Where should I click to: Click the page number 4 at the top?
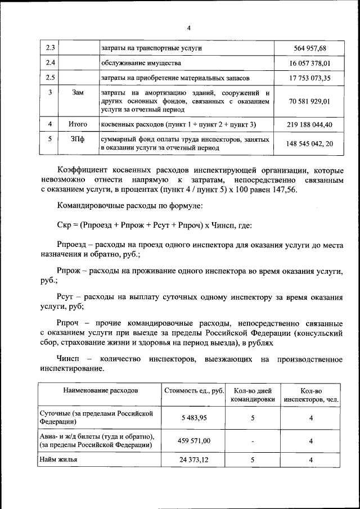click(x=189, y=29)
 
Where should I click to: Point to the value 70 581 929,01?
click(x=308, y=101)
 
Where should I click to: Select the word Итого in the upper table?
click(x=78, y=124)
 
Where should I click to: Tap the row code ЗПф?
click(x=78, y=139)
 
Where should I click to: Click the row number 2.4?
click(x=49, y=63)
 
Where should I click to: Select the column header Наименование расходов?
click(x=100, y=390)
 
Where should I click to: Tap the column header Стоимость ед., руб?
click(x=194, y=390)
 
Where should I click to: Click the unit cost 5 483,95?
click(x=194, y=418)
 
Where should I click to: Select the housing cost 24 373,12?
click(x=194, y=460)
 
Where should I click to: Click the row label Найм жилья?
click(x=58, y=460)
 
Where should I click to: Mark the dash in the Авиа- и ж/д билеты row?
click(x=253, y=442)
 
